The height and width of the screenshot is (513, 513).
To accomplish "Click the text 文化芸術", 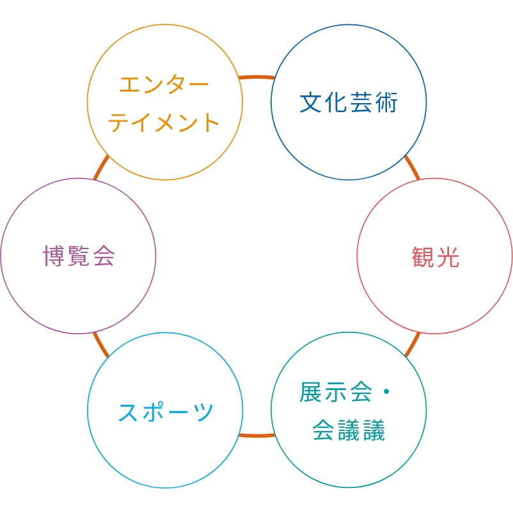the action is (x=349, y=102).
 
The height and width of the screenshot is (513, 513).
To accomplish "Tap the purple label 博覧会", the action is (x=79, y=256).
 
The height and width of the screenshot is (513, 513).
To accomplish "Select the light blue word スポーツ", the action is (x=165, y=412).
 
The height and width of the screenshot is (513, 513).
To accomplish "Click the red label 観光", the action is (x=436, y=257).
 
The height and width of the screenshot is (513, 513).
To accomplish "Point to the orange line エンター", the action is (x=164, y=84).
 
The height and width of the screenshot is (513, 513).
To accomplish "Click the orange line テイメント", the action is (x=164, y=122).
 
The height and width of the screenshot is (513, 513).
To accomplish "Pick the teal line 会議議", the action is (x=349, y=430).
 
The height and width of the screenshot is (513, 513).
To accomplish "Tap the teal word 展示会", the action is (x=336, y=392).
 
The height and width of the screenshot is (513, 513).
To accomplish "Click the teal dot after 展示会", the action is (x=386, y=391).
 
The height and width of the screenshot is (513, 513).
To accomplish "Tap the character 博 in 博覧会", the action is (x=54, y=256).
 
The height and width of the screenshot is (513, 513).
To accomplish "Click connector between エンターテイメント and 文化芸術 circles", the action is (x=257, y=77).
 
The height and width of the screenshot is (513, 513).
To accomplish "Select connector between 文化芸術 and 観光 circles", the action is (x=412, y=167).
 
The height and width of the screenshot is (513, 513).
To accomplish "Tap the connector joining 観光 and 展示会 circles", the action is (x=412, y=345).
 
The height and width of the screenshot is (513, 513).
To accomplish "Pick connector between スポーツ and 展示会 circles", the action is (x=257, y=436).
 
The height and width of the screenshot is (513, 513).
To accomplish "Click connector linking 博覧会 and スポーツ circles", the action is (x=101, y=345).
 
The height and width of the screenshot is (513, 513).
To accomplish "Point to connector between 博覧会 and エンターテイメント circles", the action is (x=101, y=167).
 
